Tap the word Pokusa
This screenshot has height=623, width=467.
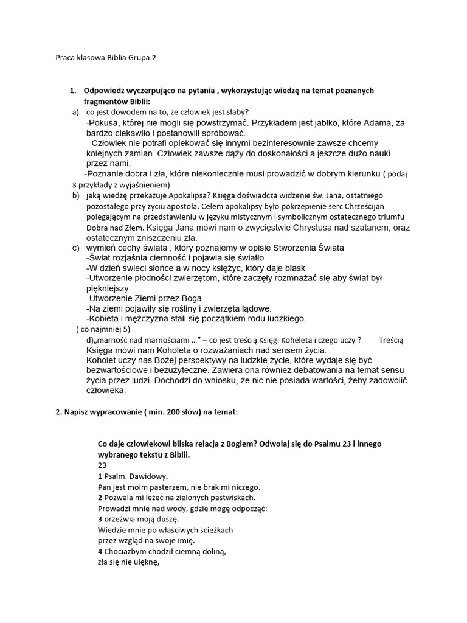click(x=105, y=122)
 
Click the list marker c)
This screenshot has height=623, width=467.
click(x=75, y=248)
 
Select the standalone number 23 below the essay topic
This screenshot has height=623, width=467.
click(x=102, y=464)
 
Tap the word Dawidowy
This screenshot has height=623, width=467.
click(x=147, y=475)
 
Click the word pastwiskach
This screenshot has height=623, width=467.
click(x=218, y=497)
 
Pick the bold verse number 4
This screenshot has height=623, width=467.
click(x=100, y=552)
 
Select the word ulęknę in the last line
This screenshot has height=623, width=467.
click(x=140, y=563)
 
